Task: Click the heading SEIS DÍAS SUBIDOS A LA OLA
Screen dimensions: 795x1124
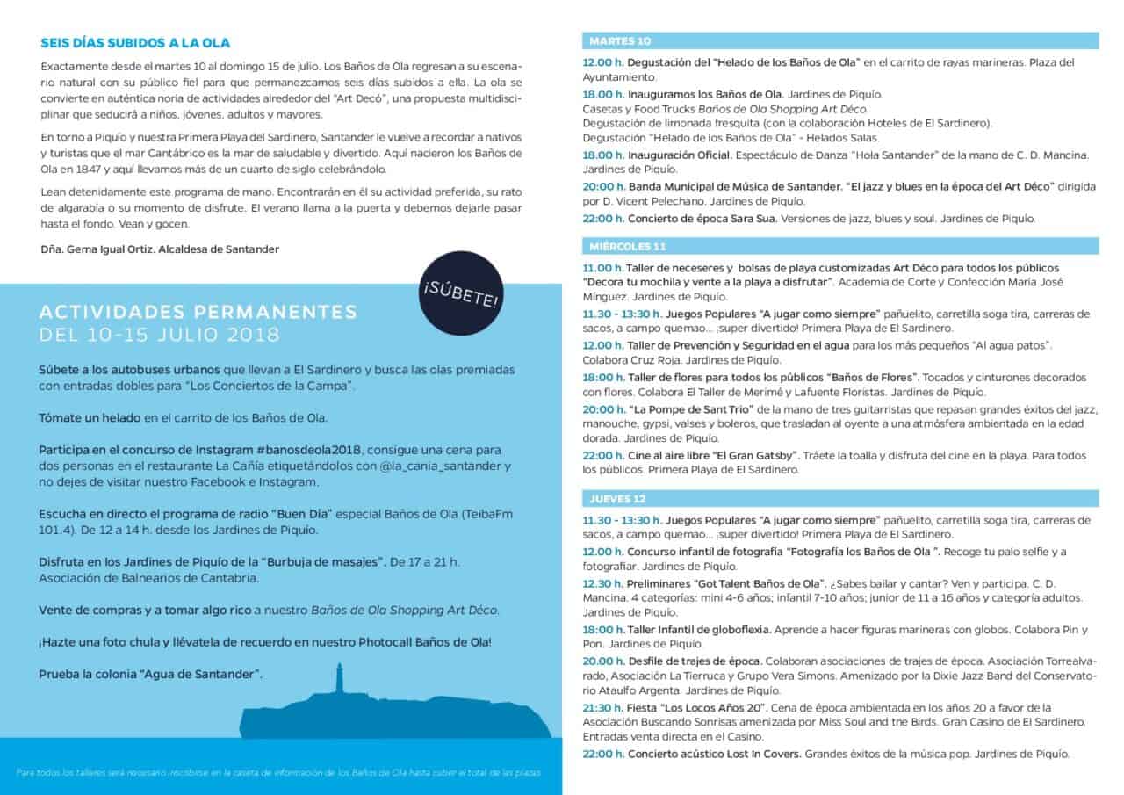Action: (x=135, y=42)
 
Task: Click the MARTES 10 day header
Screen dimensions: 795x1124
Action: (x=620, y=40)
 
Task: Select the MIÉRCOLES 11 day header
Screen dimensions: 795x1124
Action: (x=627, y=245)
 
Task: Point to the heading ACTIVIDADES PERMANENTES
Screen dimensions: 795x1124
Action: (x=198, y=313)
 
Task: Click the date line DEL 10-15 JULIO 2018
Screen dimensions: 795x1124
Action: (x=159, y=335)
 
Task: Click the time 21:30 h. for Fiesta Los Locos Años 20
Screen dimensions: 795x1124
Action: (x=603, y=707)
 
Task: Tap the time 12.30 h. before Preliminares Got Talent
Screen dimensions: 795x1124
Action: (x=602, y=583)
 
